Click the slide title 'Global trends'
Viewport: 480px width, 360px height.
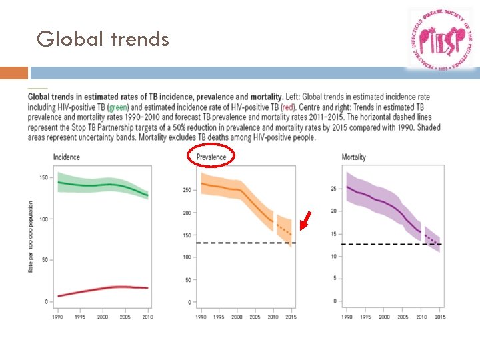(103, 39)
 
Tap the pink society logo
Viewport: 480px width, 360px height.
(441, 40)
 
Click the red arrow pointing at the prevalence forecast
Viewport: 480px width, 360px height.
(305, 221)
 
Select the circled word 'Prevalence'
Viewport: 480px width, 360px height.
(211, 157)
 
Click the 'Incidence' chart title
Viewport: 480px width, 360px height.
(66, 157)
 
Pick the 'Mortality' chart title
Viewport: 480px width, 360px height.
(353, 157)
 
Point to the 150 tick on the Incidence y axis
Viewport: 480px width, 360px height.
(44, 178)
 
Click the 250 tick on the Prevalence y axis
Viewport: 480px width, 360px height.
(187, 190)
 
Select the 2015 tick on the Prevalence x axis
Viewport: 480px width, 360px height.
(291, 317)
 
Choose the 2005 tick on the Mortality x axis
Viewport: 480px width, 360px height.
(404, 317)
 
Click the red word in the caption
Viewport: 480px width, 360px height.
(288, 107)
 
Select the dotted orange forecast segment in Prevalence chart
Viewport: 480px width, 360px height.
(284, 230)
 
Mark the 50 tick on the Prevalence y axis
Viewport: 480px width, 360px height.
(188, 280)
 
